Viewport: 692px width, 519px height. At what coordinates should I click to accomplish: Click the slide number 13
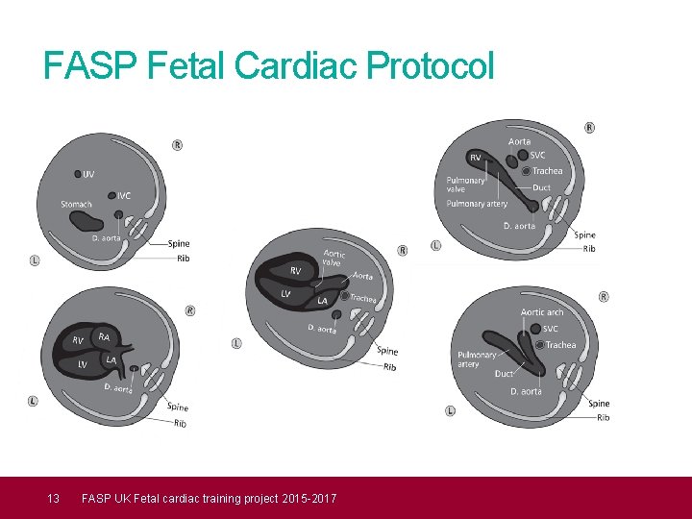[x=54, y=498]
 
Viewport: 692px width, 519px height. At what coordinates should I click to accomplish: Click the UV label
[x=88, y=174]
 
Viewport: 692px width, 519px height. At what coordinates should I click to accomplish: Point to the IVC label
[x=125, y=196]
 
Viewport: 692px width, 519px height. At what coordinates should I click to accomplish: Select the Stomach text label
[x=76, y=204]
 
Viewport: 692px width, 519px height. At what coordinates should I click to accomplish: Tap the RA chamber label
[x=104, y=336]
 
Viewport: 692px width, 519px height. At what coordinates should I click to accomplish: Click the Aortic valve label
[x=333, y=258]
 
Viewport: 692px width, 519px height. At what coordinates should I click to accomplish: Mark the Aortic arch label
[x=542, y=312]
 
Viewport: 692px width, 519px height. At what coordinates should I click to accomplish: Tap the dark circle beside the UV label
[x=77, y=174]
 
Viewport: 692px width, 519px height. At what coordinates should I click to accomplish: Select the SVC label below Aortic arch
[x=551, y=329]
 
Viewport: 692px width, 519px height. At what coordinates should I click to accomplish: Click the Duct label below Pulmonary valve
[x=542, y=187]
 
